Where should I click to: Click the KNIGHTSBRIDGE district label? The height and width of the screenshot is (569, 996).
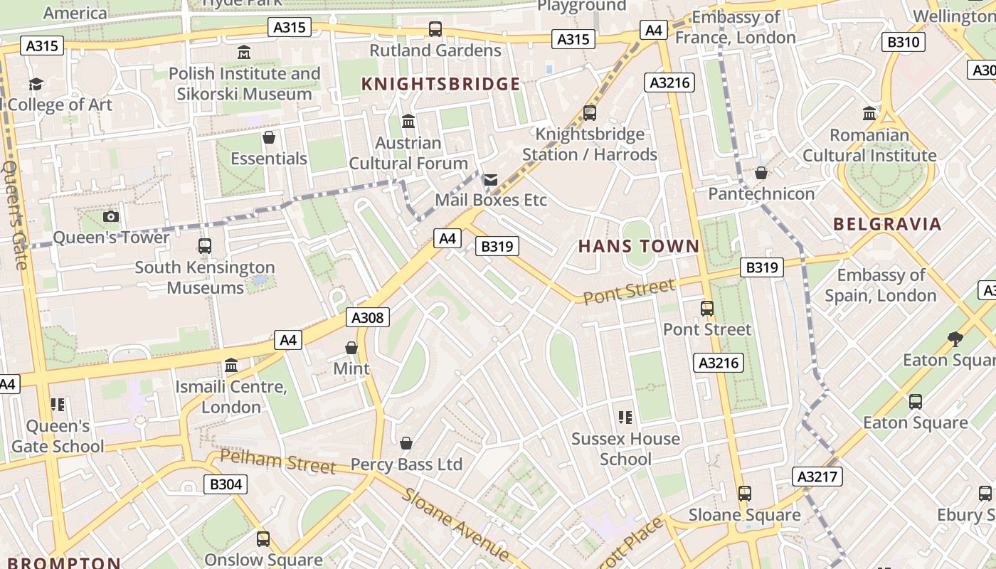pos(440,84)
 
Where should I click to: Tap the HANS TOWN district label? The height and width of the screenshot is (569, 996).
pos(638,247)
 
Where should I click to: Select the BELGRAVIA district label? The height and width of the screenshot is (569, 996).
pos(887,225)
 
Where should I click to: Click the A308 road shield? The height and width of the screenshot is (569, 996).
pos(368,317)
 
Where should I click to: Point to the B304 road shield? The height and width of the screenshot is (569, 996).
pos(226,484)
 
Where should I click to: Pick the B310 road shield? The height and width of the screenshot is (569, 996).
pos(903,42)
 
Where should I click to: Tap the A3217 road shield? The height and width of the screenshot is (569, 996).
pos(817,477)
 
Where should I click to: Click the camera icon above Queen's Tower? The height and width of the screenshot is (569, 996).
pos(111,216)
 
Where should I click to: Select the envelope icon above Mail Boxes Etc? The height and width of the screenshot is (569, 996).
pos(491,179)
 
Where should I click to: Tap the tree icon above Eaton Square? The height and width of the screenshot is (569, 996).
pos(955,339)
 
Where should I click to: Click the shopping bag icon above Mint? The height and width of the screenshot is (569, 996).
pos(351,348)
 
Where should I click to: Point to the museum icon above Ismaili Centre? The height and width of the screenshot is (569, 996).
pos(231,366)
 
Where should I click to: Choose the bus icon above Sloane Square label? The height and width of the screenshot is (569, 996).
pos(744,493)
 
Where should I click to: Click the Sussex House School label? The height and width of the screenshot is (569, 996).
pos(625,449)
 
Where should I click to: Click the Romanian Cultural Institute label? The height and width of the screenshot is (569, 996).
pos(869,145)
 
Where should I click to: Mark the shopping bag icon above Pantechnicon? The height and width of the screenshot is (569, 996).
pos(761,173)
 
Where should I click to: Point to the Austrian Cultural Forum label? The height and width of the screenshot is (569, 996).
pos(408,153)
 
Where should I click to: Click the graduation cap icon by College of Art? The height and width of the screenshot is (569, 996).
pos(36,85)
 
